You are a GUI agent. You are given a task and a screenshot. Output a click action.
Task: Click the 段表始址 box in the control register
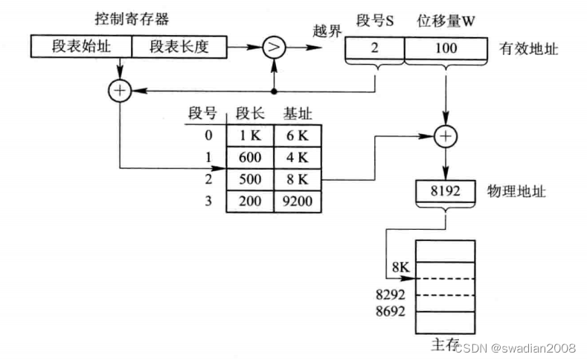tap(82, 47)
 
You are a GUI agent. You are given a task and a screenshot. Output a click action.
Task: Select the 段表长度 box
tap(179, 47)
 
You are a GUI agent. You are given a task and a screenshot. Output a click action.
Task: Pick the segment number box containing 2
tap(374, 48)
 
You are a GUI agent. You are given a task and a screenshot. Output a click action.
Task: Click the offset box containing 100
tap(446, 48)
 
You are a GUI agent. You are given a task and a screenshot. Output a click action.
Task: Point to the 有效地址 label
tap(529, 48)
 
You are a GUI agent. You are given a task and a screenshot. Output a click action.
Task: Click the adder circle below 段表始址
tap(120, 91)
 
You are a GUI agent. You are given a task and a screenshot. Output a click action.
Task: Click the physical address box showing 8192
tap(446, 191)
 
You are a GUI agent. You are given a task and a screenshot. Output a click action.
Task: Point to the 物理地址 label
tap(516, 191)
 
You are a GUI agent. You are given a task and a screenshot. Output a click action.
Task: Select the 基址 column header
tap(297, 113)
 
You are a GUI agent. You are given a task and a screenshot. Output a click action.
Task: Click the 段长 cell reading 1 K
tap(250, 136)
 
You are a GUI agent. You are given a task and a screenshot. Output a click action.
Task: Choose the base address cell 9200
tap(297, 201)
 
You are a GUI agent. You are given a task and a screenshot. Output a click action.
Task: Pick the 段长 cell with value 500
tap(250, 179)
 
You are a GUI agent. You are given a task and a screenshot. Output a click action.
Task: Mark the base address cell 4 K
tap(297, 158)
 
